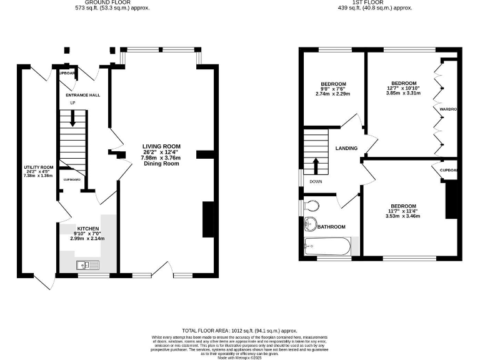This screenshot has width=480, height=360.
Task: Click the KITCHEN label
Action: click(87, 229)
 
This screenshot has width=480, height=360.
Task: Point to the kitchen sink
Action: click(87, 266)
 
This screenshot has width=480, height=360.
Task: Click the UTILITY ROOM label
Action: click(38, 167)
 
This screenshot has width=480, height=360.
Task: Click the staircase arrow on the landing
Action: click(316, 166)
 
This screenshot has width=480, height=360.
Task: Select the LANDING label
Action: click(346, 149)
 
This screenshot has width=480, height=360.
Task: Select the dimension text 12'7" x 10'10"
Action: click(403, 88)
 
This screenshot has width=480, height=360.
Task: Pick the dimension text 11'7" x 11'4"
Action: click(402, 211)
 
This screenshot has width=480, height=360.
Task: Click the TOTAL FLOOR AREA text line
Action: click(239, 330)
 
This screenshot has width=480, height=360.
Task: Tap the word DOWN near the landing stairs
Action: click(316, 182)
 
